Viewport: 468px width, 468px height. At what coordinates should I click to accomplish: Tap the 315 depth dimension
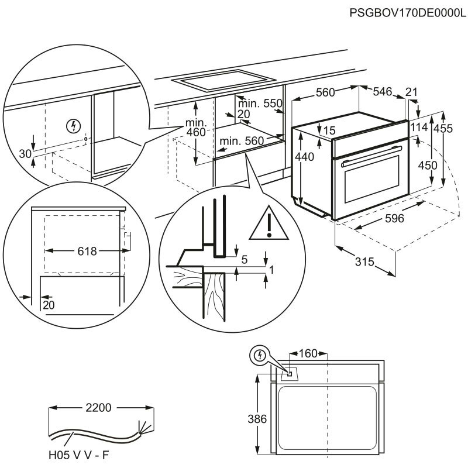[x=364, y=262]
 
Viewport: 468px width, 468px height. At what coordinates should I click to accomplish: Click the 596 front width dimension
[x=395, y=219]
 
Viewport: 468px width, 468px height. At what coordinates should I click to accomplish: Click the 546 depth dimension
[x=382, y=91]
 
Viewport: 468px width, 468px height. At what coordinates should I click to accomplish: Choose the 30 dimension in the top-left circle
[x=24, y=154]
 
